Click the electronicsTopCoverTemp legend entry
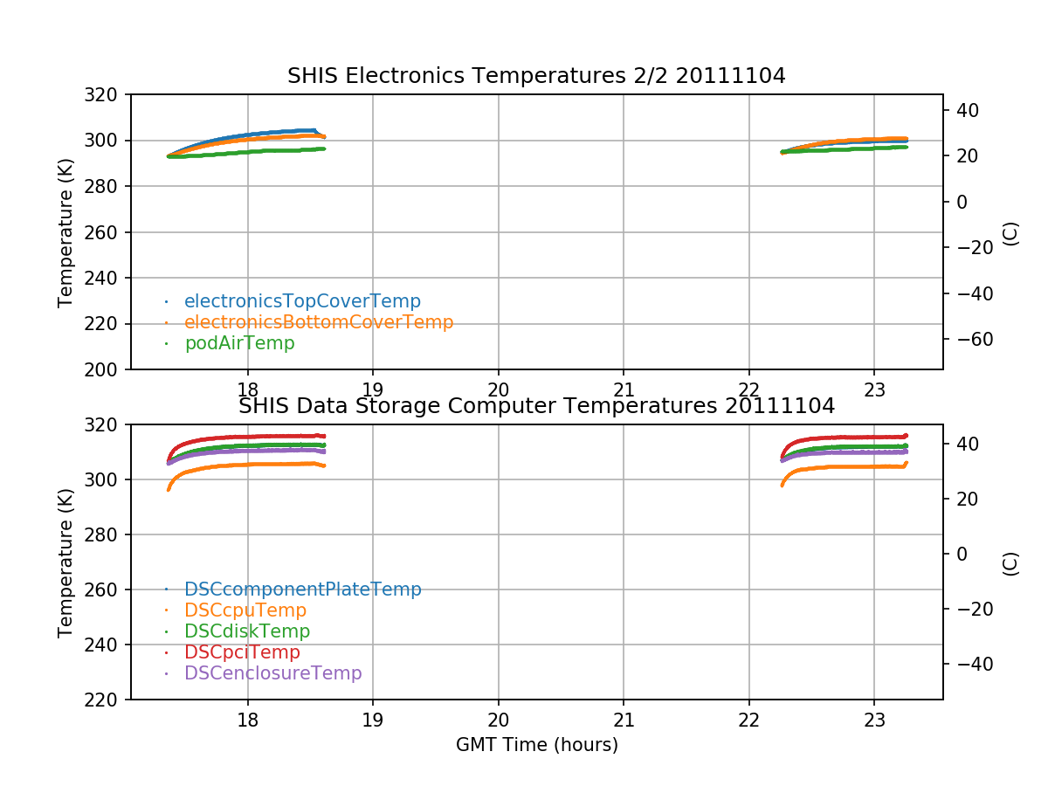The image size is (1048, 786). (302, 301)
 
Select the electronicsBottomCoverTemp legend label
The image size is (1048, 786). (319, 322)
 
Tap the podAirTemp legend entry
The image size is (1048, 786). (239, 343)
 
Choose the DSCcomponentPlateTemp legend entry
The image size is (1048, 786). (303, 589)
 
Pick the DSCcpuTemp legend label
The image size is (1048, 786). (245, 610)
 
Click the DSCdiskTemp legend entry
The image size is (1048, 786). (247, 631)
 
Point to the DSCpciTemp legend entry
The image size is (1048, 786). (242, 652)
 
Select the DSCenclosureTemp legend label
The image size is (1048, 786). (272, 673)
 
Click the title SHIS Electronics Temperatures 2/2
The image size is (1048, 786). (536, 76)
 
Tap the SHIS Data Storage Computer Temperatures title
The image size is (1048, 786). (536, 406)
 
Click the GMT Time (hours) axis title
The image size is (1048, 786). (536, 745)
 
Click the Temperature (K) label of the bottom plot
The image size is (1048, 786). (65, 562)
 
